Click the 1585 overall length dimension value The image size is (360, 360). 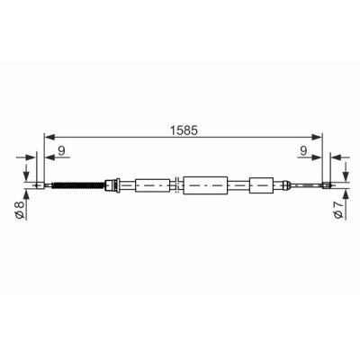pos(184,130)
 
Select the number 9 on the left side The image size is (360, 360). pos(61,150)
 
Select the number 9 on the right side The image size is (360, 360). pos(303,150)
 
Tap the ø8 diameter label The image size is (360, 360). pos(19,210)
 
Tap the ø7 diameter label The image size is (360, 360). pos(338,210)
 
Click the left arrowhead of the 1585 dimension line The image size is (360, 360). pos(49,137)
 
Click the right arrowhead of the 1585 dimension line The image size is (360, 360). pos(317,137)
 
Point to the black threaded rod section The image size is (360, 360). pos(78,185)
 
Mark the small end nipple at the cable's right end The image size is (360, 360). pos(326,185)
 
